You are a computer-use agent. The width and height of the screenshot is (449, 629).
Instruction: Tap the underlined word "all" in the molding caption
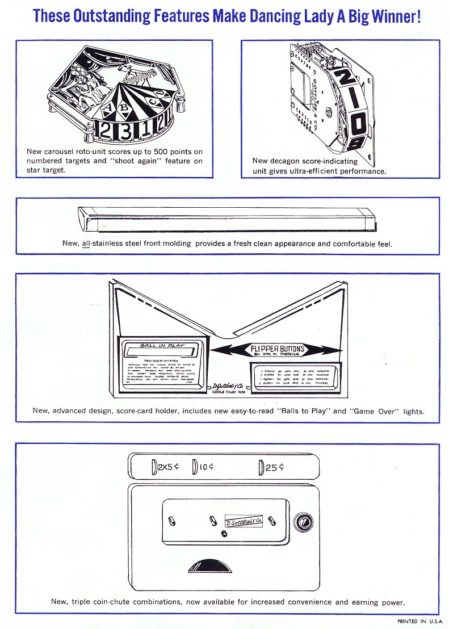86,244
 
